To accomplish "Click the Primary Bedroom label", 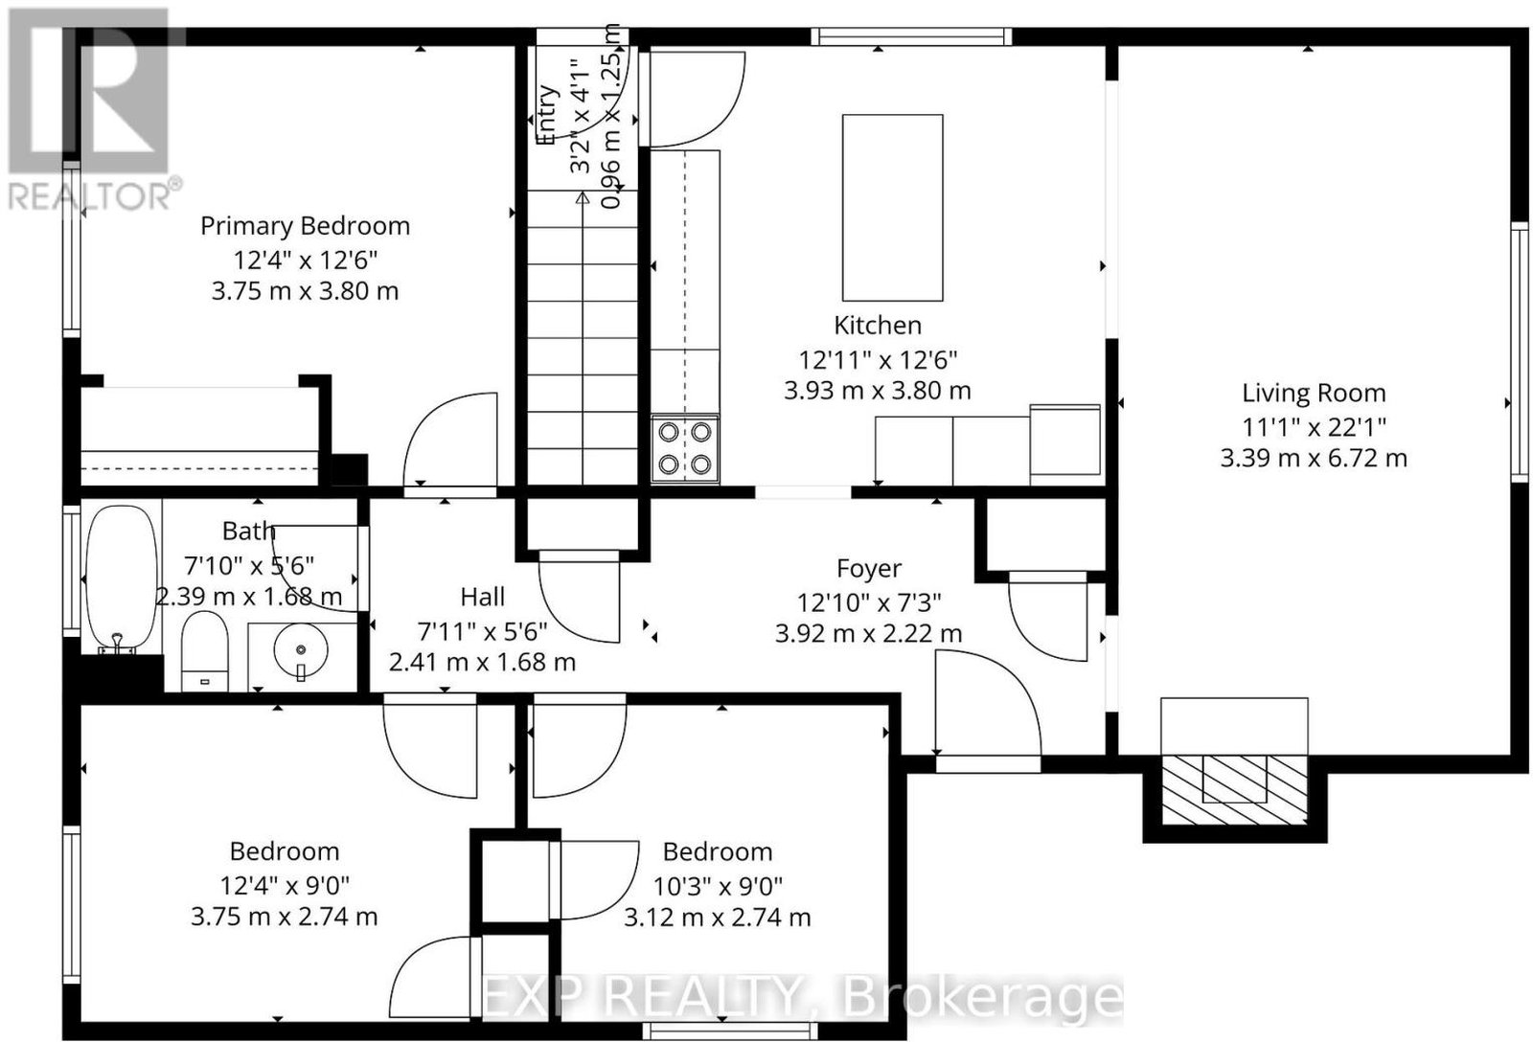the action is point(306,226).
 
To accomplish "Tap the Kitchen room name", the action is point(878,326).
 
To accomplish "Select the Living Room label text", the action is point(1314,394).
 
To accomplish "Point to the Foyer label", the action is point(869,569).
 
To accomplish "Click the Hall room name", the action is point(483,597).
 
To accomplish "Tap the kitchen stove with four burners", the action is point(684,449).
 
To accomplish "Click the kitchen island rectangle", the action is point(892,208).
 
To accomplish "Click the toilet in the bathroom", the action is point(205,650).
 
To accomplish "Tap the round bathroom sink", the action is point(301,650).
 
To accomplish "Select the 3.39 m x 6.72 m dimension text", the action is point(1314,458).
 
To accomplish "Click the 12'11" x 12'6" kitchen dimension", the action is point(878,359).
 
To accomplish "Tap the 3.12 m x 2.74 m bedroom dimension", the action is point(718,917).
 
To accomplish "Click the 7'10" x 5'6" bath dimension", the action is point(249,566).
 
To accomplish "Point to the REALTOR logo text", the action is point(95,196).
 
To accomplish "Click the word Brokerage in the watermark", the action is point(981,1000).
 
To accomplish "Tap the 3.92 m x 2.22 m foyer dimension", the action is point(868,634).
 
